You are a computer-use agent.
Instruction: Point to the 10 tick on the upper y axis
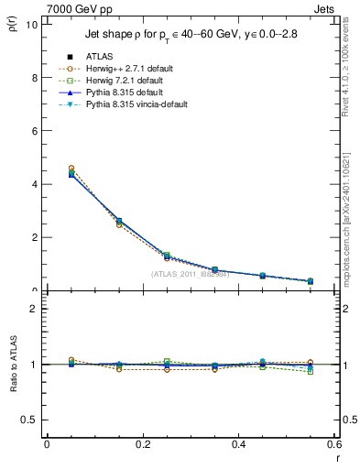pos(32,24)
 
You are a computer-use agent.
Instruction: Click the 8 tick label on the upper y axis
pos(34,77)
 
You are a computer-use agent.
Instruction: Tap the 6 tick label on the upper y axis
pos(34,130)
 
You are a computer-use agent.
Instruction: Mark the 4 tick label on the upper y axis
pos(34,183)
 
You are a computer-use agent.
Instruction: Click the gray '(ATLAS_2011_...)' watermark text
pos(190,273)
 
